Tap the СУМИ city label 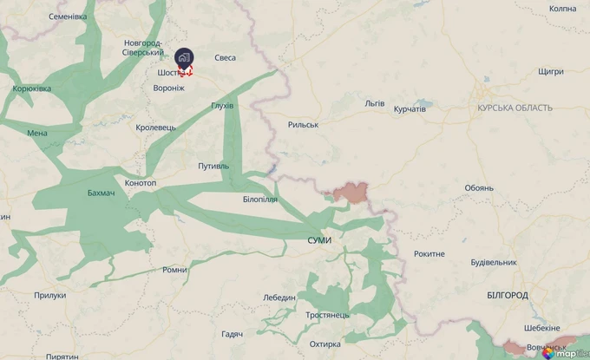click(x=318, y=239)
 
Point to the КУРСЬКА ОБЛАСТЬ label click(x=514, y=108)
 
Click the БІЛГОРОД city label click(x=508, y=296)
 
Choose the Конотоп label click(x=141, y=183)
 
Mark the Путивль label click(x=213, y=165)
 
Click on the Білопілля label click(x=260, y=200)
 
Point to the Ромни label click(x=174, y=270)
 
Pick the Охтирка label click(x=324, y=344)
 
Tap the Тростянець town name click(x=327, y=314)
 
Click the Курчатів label click(x=410, y=109)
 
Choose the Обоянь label click(x=479, y=187)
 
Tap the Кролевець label click(x=156, y=128)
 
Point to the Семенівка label click(x=68, y=16)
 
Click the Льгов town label click(x=375, y=102)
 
